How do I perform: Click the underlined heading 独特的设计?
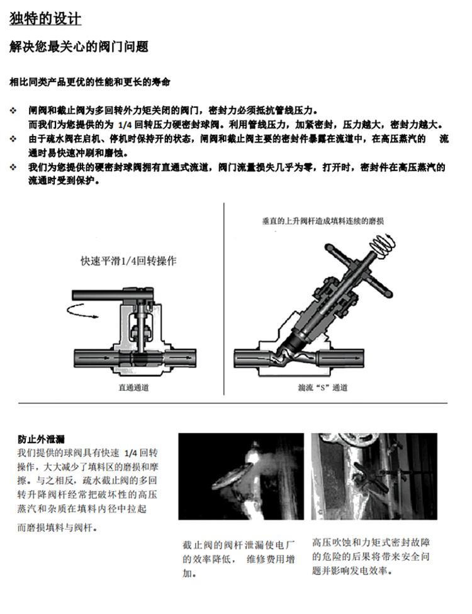pyautogui.click(x=45, y=20)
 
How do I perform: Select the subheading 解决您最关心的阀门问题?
pyautogui.click(x=79, y=47)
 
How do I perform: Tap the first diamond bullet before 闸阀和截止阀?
pyautogui.click(x=13, y=110)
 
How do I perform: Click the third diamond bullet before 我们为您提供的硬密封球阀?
pyautogui.click(x=13, y=168)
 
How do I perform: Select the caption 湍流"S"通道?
pyautogui.click(x=322, y=388)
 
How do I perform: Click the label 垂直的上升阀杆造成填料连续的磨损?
pyautogui.click(x=323, y=221)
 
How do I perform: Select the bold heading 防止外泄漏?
pyautogui.click(x=41, y=439)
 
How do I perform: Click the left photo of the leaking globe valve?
pyautogui.click(x=240, y=476)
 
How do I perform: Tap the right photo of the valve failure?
pyautogui.click(x=374, y=476)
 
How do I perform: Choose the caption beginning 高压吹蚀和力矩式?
pyautogui.click(x=371, y=557)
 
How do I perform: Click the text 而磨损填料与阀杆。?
pyautogui.click(x=57, y=528)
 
